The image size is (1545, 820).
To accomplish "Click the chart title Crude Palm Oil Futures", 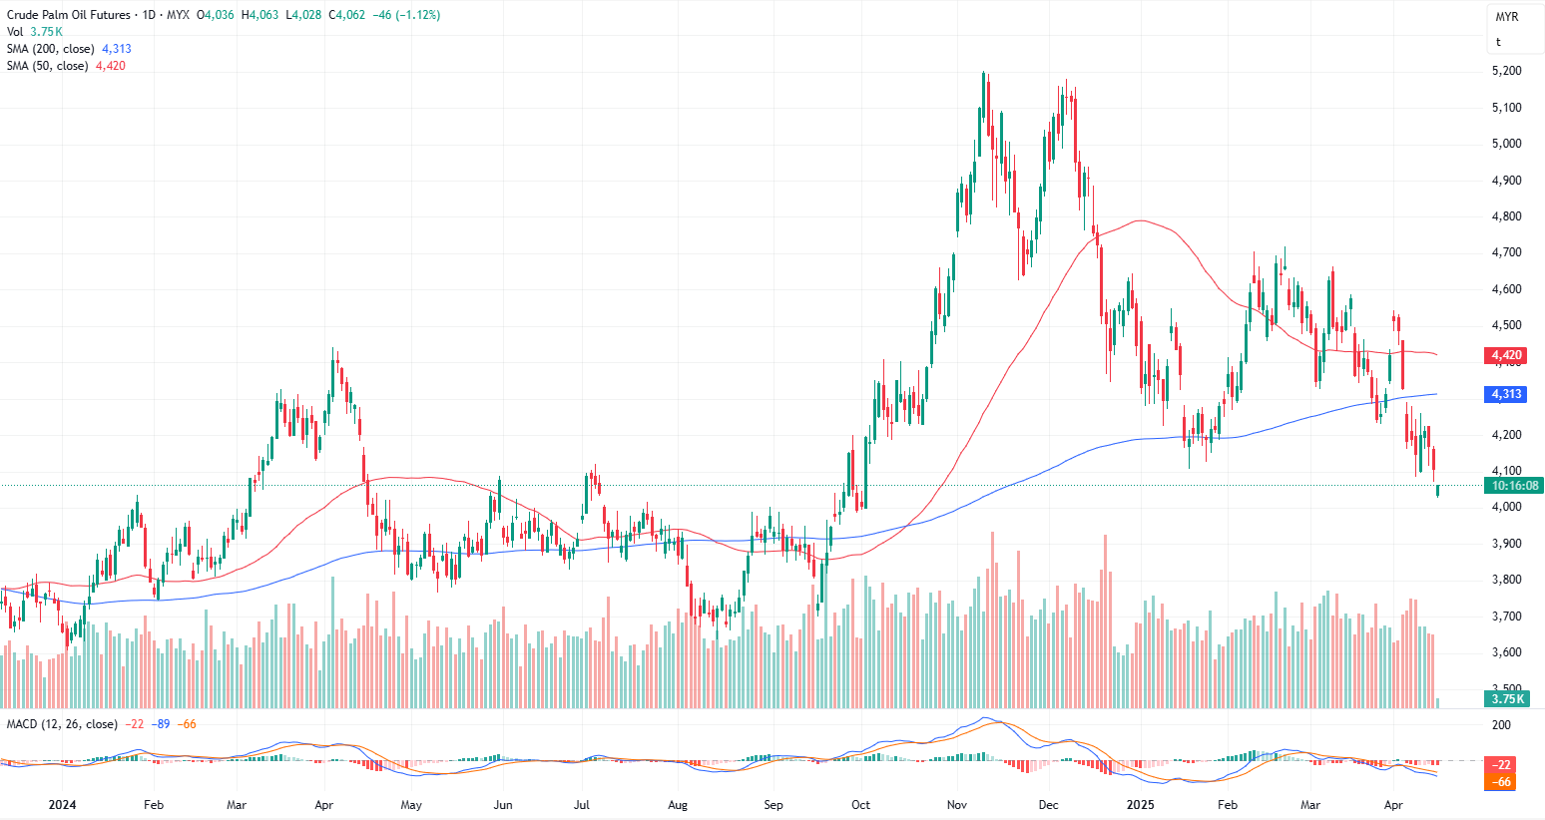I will pos(69,15).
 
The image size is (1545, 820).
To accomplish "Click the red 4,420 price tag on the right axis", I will pos(1506,355).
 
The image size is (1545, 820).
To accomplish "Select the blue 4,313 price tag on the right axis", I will pos(1506,394).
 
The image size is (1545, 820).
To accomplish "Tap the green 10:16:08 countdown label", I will pos(1514,486).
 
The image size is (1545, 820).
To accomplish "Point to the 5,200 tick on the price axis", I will pos(1506,71).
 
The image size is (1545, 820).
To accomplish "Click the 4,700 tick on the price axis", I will pos(1506,252).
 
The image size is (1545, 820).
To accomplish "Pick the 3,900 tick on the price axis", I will pos(1506,544).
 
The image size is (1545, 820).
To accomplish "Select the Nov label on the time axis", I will pos(957,805).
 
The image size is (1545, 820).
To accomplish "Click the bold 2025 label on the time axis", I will pos(1140,805).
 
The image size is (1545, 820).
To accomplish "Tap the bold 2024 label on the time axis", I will pos(62,805).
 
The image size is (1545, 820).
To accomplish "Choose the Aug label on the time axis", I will pos(678,805).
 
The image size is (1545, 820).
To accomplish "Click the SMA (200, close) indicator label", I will pos(51,49).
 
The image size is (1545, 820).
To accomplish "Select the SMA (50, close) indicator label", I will pos(48,66).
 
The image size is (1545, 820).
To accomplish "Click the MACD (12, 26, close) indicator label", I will pos(62,724).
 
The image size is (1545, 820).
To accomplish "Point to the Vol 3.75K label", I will pos(34,32).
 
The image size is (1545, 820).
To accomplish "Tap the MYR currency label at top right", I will pos(1506,18).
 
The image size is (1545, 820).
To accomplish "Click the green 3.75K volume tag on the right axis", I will pos(1507,699).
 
